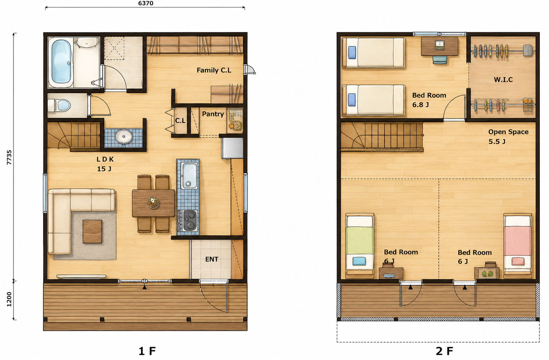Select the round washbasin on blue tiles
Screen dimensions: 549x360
[123, 137]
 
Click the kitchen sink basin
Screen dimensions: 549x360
[189, 176]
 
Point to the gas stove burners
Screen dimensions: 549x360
[190, 220]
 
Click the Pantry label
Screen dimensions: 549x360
[213, 114]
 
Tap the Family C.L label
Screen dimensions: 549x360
[214, 70]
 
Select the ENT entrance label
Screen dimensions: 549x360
[212, 259]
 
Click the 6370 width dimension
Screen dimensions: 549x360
[146, 3]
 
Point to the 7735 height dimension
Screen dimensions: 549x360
[9, 157]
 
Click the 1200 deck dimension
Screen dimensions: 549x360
[9, 299]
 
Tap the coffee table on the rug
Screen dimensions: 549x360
[93, 231]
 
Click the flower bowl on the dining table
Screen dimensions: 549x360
[154, 203]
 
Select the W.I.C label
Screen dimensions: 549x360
[503, 80]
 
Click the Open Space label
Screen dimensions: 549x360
[508, 132]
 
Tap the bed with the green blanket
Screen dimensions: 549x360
[360, 246]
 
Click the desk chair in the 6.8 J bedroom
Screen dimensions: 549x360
[440, 60]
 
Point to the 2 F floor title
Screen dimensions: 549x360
[444, 351]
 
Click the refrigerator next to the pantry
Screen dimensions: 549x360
[232, 148]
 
